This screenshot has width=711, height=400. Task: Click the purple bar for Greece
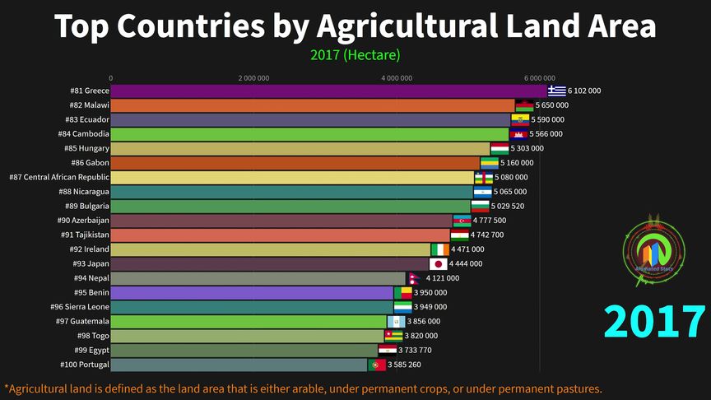(329, 91)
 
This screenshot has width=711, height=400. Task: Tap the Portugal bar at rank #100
(239, 365)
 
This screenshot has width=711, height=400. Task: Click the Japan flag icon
(439, 264)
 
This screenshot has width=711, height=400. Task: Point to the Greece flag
(558, 91)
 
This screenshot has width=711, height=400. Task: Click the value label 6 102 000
(584, 91)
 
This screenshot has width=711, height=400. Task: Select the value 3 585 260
(404, 365)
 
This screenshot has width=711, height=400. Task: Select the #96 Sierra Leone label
(81, 307)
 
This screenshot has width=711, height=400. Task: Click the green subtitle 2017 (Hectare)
(355, 55)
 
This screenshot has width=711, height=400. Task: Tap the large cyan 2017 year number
(655, 322)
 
